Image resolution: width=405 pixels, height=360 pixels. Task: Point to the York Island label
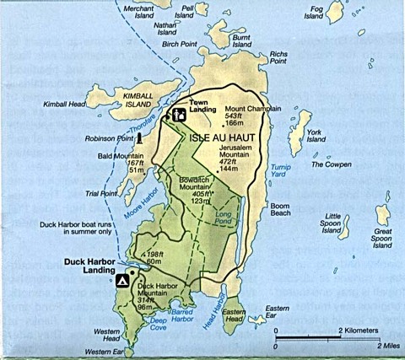tap(316, 136)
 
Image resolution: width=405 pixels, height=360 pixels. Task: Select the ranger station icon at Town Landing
tap(179, 114)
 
